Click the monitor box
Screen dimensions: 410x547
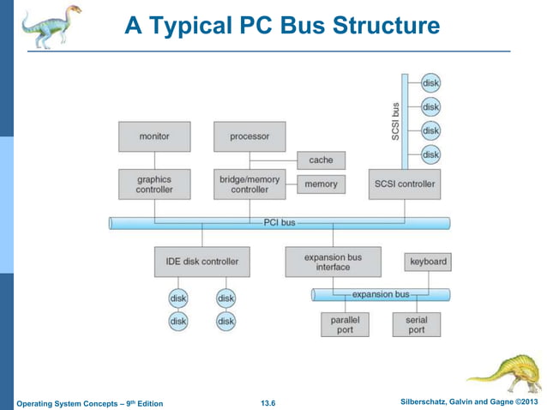154,136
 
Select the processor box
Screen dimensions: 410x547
249,136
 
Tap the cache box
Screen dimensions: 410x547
322,160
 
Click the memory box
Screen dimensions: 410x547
322,184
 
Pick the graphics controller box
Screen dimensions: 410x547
154,184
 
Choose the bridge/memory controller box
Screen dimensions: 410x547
249,184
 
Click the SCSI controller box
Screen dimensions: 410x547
405,184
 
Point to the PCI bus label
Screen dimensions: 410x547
280,223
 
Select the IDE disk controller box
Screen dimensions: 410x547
202,261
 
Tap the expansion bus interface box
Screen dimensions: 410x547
333,261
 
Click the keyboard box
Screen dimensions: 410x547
427,261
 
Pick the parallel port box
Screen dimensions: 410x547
345,324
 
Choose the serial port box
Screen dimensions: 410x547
417,324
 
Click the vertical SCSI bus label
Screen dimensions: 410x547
395,122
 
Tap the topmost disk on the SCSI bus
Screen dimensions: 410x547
430,83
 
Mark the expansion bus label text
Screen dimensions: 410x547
382,294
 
